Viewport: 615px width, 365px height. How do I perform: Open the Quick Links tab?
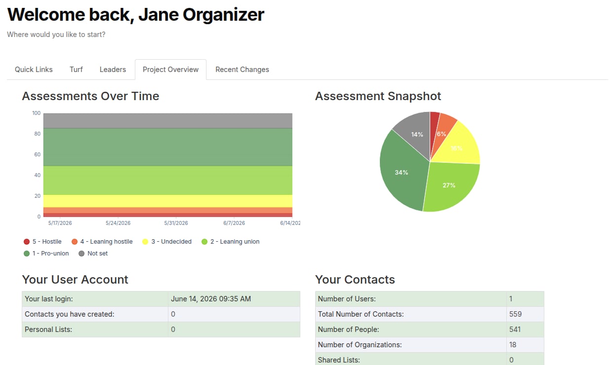pyautogui.click(x=34, y=70)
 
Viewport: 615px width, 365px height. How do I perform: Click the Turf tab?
pyautogui.click(x=76, y=70)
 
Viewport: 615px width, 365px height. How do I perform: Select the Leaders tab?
pyautogui.click(x=113, y=70)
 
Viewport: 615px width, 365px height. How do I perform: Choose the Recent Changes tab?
pyautogui.click(x=242, y=70)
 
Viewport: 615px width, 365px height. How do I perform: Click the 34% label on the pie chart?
pyautogui.click(x=402, y=173)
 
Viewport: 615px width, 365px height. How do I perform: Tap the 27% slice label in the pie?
pyautogui.click(x=449, y=185)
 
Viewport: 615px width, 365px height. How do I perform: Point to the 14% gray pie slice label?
pyautogui.click(x=417, y=134)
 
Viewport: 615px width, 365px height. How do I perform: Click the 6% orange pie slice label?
pyautogui.click(x=442, y=134)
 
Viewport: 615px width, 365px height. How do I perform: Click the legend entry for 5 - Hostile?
pyautogui.click(x=42, y=242)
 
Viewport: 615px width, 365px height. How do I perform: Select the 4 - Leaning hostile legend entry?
pyautogui.click(x=102, y=242)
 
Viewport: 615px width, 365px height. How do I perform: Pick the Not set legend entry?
pyautogui.click(x=93, y=254)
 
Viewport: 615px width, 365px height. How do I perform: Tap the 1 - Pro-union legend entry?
pyautogui.click(x=46, y=254)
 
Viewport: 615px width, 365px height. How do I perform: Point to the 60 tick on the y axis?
pyautogui.click(x=38, y=154)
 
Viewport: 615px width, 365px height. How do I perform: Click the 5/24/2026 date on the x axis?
pyautogui.click(x=118, y=223)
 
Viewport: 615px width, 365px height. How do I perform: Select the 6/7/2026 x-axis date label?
pyautogui.click(x=234, y=223)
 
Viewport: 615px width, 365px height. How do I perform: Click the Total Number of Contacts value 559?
pyautogui.click(x=515, y=314)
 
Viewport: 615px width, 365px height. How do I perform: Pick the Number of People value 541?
pyautogui.click(x=515, y=329)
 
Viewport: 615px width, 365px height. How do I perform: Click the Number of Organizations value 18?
pyautogui.click(x=513, y=345)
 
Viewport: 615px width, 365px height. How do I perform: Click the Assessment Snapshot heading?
pyautogui.click(x=378, y=96)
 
